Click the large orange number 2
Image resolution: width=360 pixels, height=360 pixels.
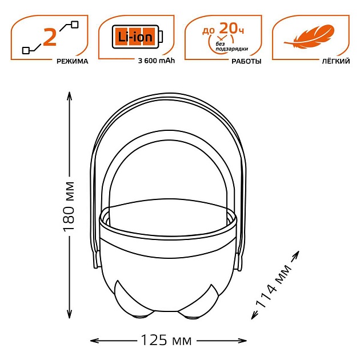coord(50,37)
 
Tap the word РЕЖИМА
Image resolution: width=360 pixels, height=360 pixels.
coord(73,61)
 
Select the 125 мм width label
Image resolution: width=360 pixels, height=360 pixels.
coord(166,341)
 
